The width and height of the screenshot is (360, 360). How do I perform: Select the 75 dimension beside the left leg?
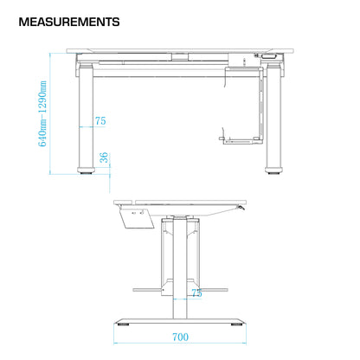tap(100, 122)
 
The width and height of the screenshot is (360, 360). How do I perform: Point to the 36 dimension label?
tap(104, 157)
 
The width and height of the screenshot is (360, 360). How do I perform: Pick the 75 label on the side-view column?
tap(196, 293)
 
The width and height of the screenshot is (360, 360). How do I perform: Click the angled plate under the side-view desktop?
tap(138, 217)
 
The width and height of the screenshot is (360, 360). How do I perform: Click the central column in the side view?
tap(180, 260)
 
